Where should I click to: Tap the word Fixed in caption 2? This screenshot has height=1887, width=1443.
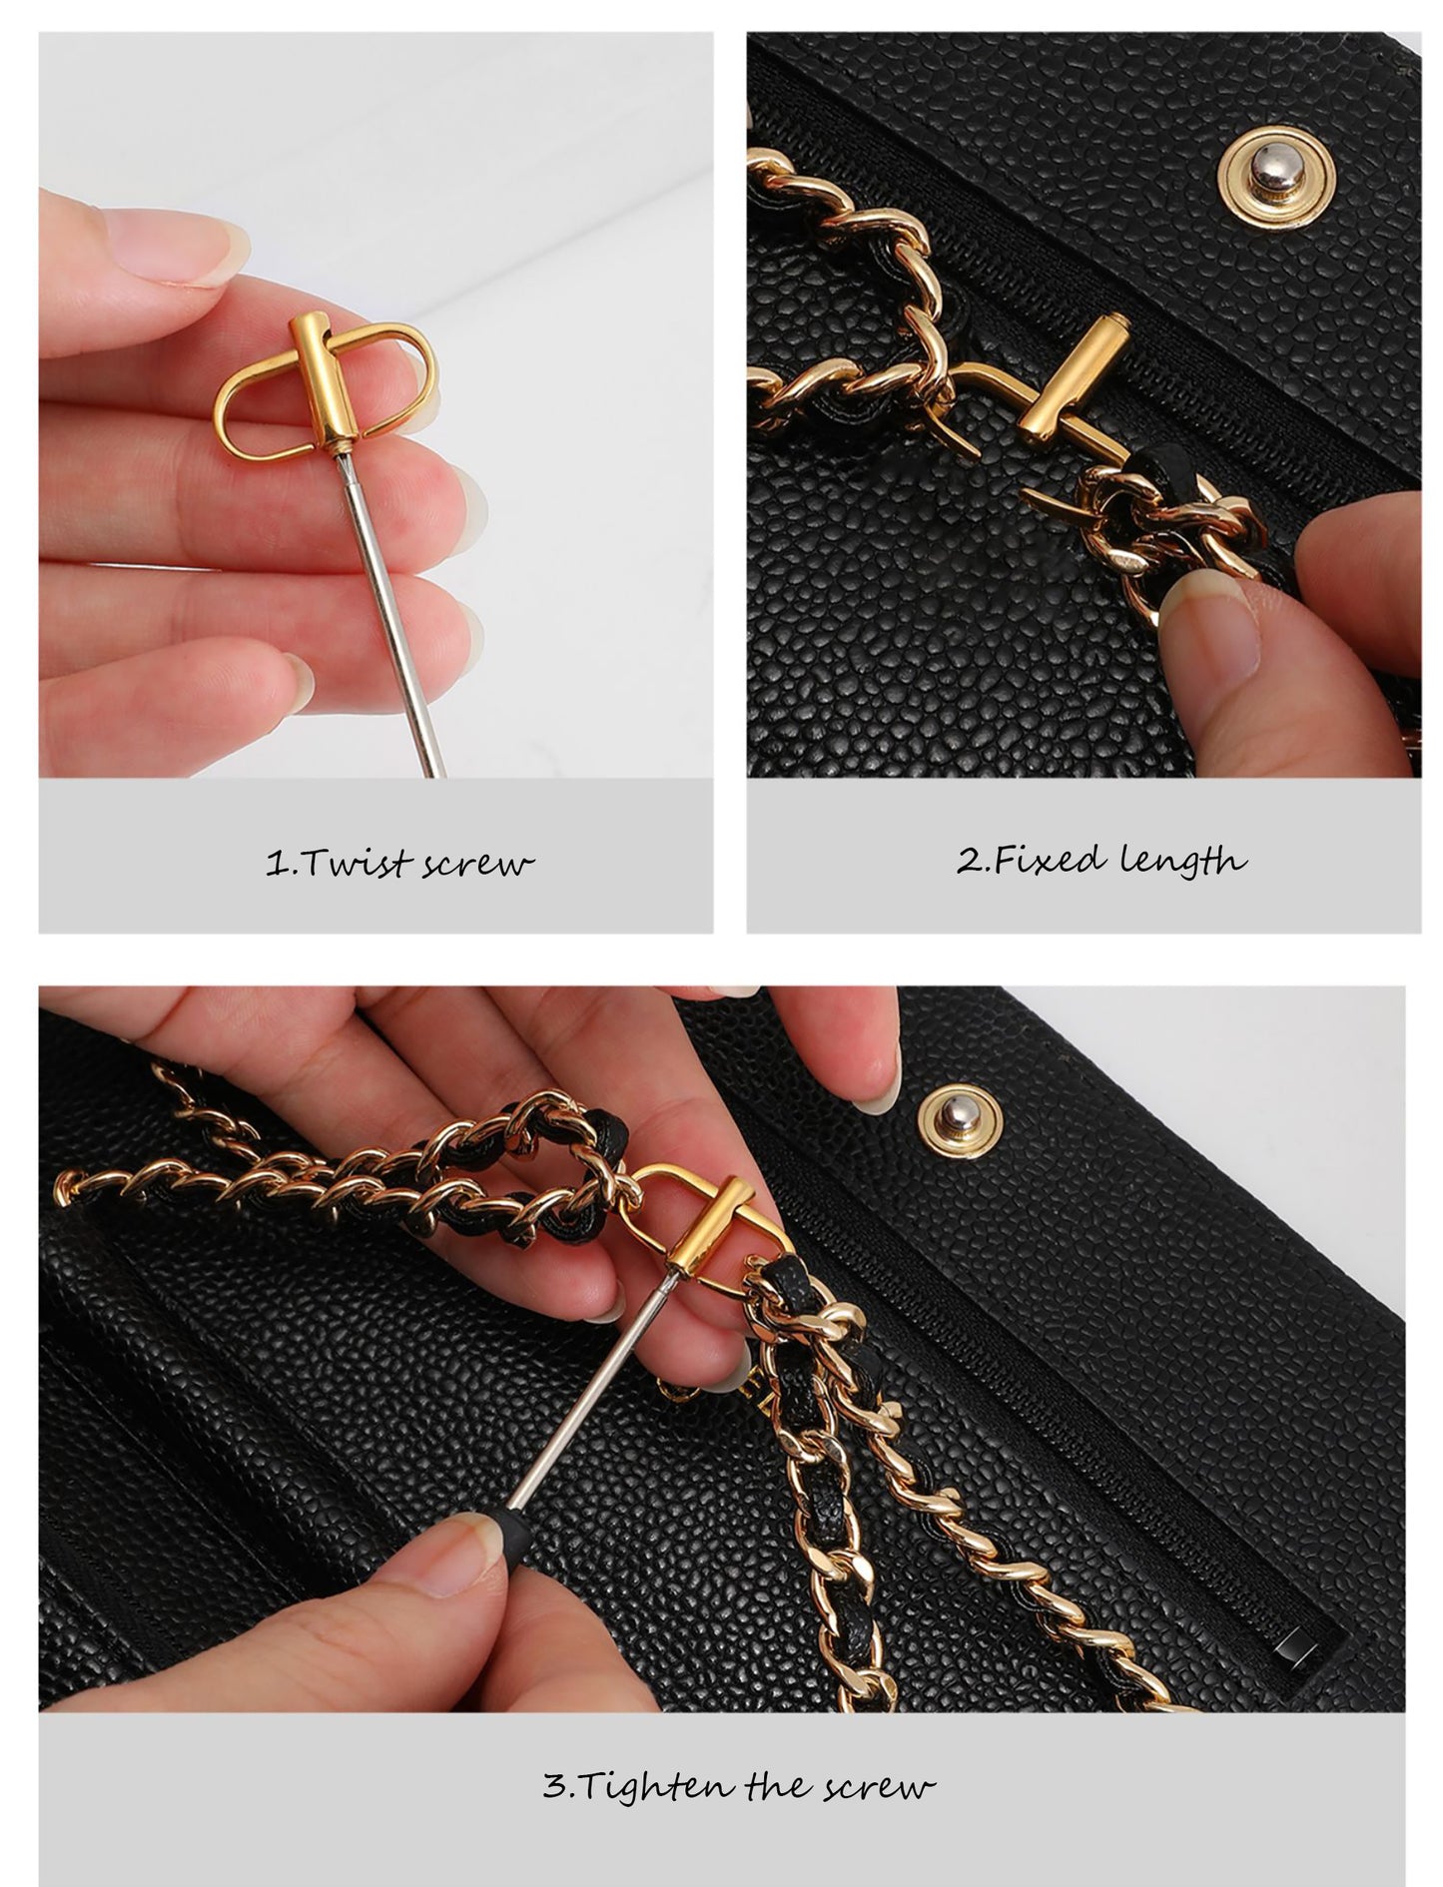pyautogui.click(x=1045, y=859)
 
